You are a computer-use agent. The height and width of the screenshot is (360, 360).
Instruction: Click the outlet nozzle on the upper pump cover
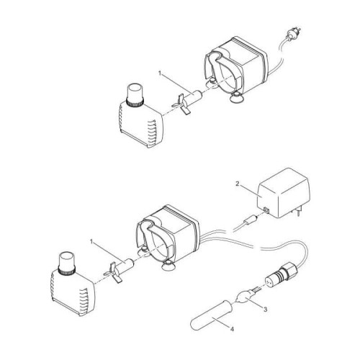[x=134, y=94]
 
